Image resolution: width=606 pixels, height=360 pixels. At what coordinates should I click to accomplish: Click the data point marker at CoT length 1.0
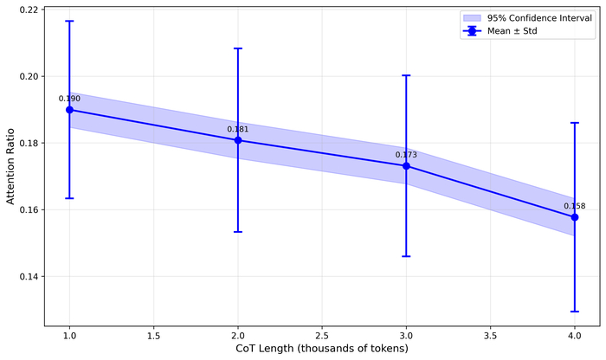[x=69, y=110]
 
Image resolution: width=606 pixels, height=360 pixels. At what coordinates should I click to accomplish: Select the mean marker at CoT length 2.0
[x=238, y=140]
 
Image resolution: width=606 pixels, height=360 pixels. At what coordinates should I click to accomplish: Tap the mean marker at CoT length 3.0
[x=406, y=166]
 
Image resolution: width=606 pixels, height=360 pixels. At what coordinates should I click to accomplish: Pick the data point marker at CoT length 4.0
[x=575, y=217]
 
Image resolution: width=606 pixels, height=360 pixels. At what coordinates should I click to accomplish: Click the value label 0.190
[x=69, y=99]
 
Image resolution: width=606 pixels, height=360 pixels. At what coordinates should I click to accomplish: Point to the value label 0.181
[x=238, y=129]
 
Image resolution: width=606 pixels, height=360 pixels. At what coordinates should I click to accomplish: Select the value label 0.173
[x=406, y=155]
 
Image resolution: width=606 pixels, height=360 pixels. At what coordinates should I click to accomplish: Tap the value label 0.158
[x=575, y=206]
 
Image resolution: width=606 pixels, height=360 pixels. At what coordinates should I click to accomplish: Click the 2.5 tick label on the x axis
[x=322, y=335]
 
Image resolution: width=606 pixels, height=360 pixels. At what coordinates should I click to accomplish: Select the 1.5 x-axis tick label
[x=153, y=335]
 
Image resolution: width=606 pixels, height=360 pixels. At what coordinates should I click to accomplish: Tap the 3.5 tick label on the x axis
[x=490, y=335]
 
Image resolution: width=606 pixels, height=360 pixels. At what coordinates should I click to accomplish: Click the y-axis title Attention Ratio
[x=10, y=166]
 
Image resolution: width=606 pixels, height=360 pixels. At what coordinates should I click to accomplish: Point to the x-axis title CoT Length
[x=322, y=349]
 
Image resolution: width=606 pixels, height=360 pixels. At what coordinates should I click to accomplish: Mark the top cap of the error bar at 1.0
[x=69, y=21]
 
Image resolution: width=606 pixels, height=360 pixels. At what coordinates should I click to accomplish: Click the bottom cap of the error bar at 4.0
[x=575, y=312]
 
